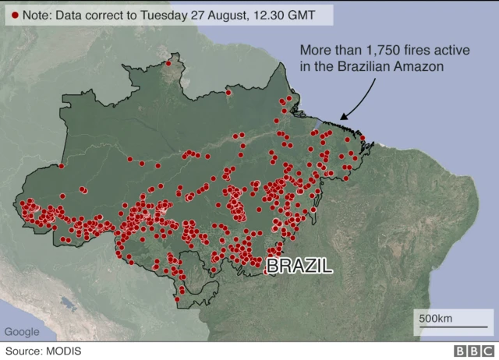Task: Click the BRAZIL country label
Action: pyautogui.click(x=299, y=266)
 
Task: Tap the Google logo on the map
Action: pyautogui.click(x=22, y=332)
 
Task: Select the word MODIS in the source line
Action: pyautogui.click(x=64, y=351)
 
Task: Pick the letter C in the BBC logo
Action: pyautogui.click(x=485, y=351)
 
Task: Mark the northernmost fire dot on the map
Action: pyautogui.click(x=168, y=62)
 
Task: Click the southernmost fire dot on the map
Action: pyautogui.click(x=178, y=299)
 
